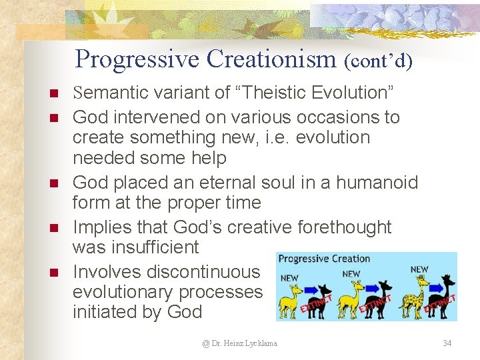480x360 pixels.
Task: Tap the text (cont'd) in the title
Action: (379, 61)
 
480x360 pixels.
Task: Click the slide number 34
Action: (447, 343)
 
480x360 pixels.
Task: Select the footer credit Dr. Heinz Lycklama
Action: (240, 343)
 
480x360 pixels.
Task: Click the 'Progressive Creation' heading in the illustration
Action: (324, 259)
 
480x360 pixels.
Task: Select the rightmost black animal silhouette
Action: (441, 298)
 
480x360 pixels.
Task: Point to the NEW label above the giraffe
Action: (419, 269)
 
